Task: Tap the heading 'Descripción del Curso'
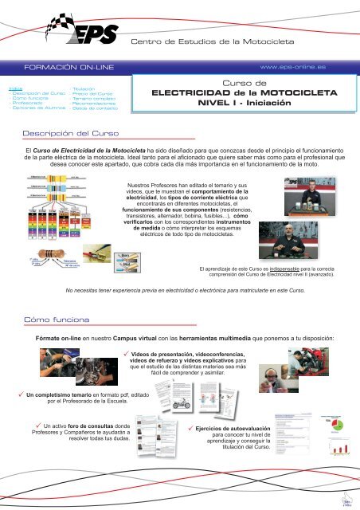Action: pos(71,133)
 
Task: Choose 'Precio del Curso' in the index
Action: pos(94,94)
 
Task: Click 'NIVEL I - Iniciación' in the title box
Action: pos(247,104)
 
